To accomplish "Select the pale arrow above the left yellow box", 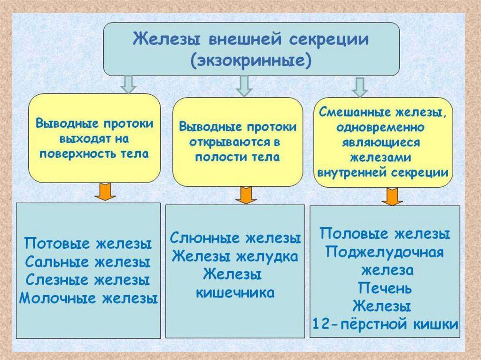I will [129, 84].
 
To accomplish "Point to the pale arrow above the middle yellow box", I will [244, 86].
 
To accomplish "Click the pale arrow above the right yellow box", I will [360, 87].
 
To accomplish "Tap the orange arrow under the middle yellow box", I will [244, 195].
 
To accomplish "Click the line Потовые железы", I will [88, 244].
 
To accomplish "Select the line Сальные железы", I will [88, 262].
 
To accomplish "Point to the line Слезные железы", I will [88, 280].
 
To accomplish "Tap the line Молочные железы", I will [88, 298].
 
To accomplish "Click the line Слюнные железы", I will [235, 238].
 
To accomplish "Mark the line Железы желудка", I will [235, 256].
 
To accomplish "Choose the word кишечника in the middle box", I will [235, 292].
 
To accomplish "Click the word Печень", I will [385, 287].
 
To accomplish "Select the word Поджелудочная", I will [385, 252].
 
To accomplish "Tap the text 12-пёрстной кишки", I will [385, 324].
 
